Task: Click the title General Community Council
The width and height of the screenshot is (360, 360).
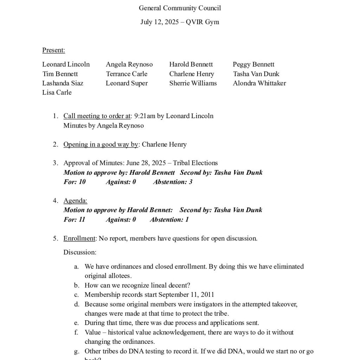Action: [x=180, y=8]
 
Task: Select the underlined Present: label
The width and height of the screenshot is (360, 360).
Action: [x=53, y=50]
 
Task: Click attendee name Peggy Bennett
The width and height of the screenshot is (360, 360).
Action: [x=253, y=64]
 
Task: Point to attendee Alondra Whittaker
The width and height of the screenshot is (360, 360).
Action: [x=259, y=83]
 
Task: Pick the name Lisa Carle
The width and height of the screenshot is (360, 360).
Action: [x=57, y=92]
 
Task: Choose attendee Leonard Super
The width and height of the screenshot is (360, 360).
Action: [x=127, y=83]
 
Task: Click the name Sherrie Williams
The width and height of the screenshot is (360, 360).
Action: [x=193, y=83]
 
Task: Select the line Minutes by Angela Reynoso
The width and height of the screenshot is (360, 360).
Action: [x=103, y=126]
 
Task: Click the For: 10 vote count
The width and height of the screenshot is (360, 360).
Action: [x=75, y=182]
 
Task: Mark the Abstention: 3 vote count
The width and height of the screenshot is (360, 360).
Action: [x=173, y=182]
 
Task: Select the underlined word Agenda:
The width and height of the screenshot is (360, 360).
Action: [x=75, y=201]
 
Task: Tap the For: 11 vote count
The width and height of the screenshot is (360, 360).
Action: [x=75, y=220]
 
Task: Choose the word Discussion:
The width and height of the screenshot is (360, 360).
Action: [x=80, y=252]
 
